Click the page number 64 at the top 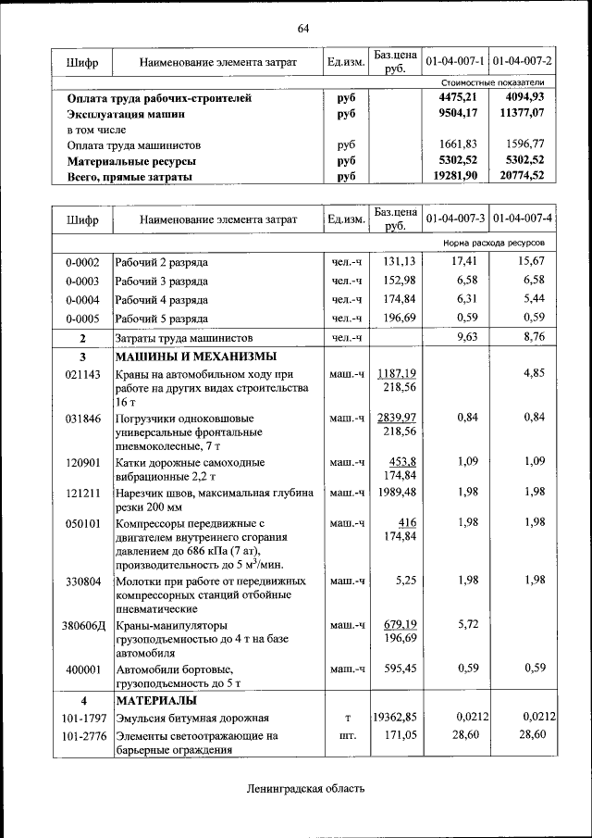(303, 27)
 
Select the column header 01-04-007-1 (455, 61)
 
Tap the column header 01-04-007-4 (523, 219)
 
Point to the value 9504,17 (458, 114)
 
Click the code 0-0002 (82, 262)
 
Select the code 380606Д (83, 625)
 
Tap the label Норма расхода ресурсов (494, 243)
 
